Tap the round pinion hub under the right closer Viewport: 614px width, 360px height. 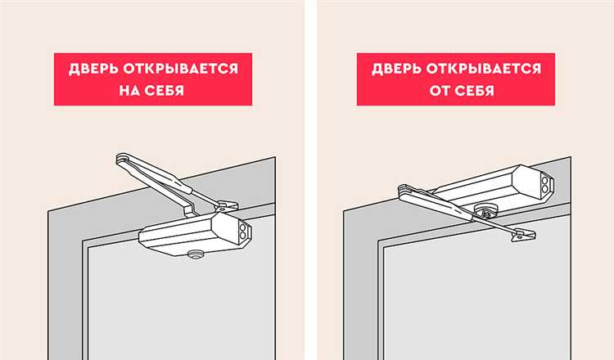(488, 211)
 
